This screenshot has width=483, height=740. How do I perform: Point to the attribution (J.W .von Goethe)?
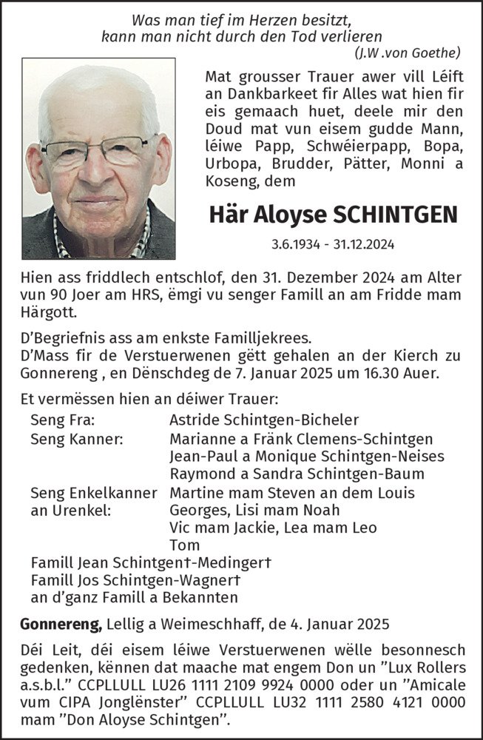point(407,51)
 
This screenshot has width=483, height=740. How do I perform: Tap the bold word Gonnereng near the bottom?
point(65,626)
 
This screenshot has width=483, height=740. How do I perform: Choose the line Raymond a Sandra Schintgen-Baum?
point(291,474)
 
